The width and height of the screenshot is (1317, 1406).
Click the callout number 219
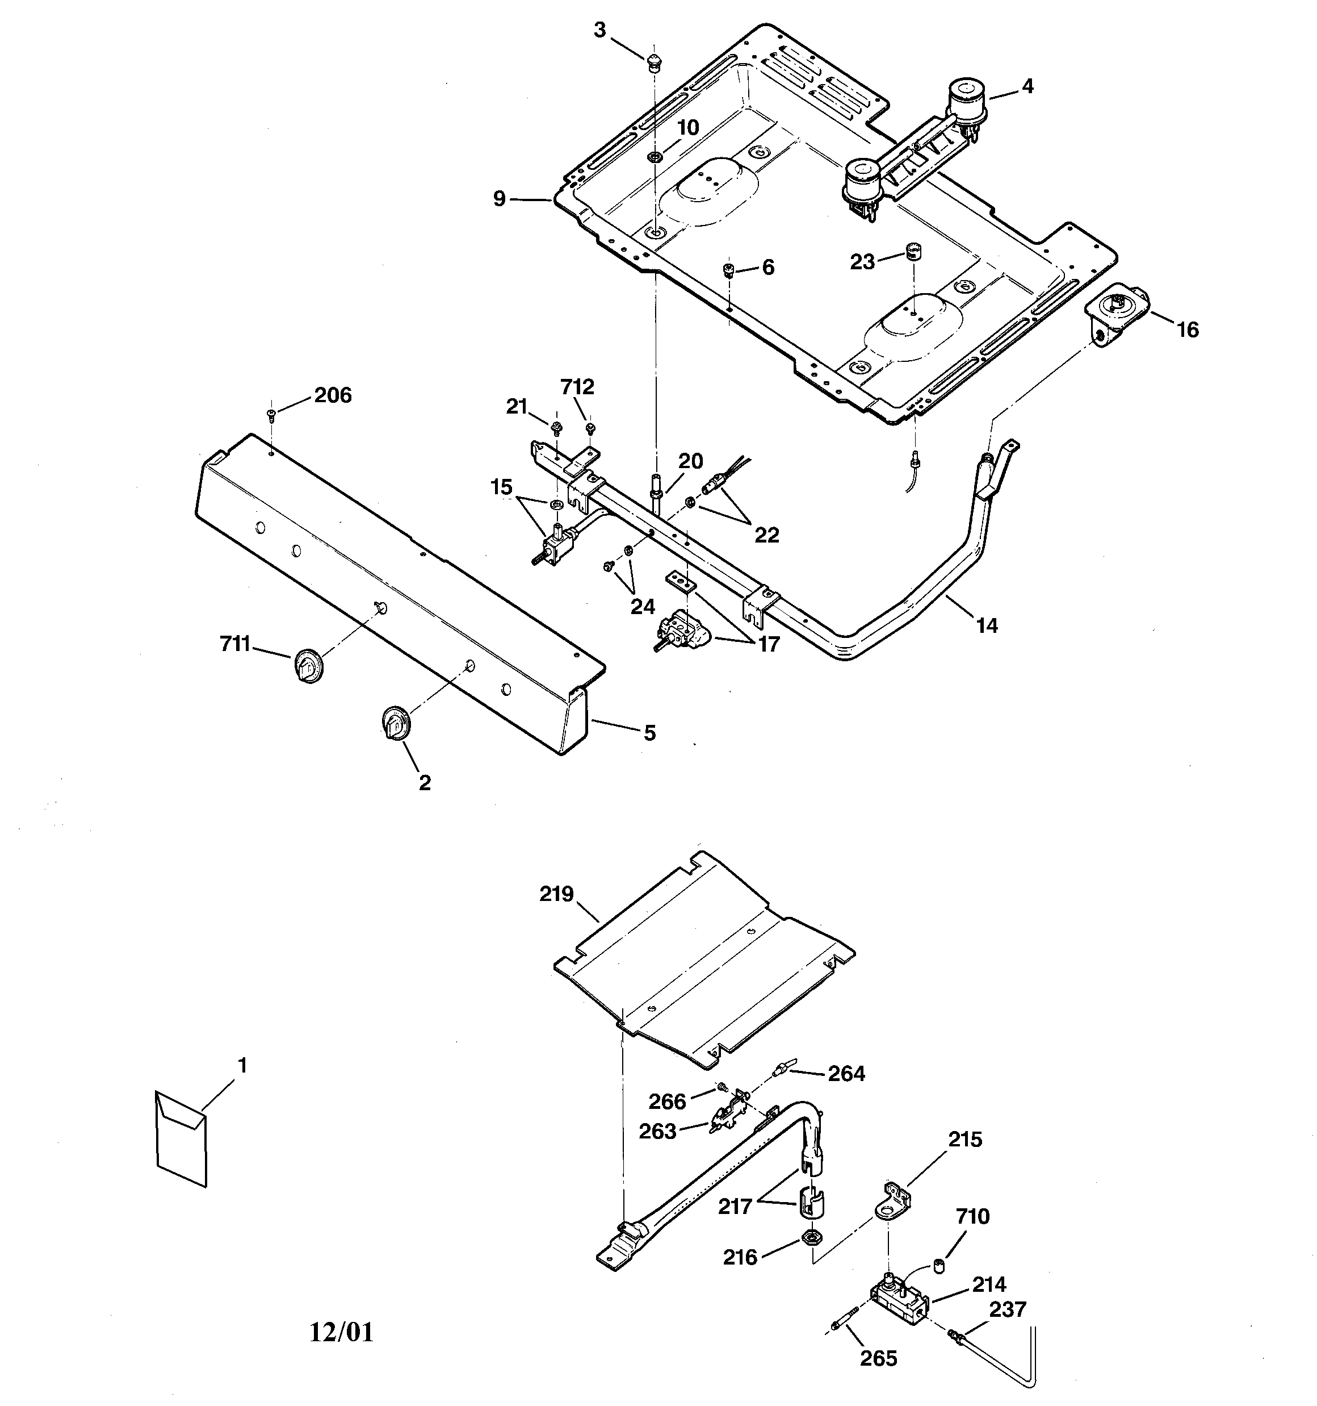click(556, 894)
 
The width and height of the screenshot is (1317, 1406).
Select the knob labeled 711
click(307, 665)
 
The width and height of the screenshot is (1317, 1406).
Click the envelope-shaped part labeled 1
click(181, 1138)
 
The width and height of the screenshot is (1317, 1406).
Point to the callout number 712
click(577, 387)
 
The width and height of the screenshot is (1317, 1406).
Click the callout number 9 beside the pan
click(499, 199)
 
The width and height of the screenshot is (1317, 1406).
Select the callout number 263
click(657, 1132)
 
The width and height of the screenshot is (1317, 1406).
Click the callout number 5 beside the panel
click(649, 733)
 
